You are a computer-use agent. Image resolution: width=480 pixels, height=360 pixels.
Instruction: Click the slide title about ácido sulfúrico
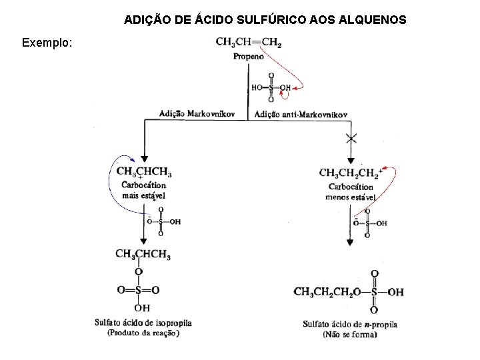pos(265,21)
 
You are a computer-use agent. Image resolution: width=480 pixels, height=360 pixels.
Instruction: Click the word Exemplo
pos(48,43)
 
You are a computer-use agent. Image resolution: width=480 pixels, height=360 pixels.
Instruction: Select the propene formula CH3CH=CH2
pos(248,43)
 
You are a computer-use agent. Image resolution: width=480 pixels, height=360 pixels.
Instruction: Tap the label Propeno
pos(248,57)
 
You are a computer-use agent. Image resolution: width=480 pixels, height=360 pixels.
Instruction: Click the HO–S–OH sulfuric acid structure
pos(271,87)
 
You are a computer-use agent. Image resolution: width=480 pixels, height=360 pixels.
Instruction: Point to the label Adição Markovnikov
pos(197,114)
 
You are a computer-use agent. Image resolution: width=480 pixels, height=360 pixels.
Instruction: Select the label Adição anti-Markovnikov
pos(301,115)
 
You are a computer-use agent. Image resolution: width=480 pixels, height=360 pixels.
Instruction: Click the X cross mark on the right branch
pos(351,139)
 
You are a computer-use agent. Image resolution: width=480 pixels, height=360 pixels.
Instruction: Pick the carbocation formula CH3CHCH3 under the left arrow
pos(143,172)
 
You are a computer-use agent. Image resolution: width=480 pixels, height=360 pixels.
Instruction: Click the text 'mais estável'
pos(143,195)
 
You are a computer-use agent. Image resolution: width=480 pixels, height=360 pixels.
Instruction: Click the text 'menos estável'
pos(351,197)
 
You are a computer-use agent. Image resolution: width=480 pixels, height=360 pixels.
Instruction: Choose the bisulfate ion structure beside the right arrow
pos(369,223)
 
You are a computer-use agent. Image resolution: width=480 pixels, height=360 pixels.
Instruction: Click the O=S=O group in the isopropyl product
pos(138,290)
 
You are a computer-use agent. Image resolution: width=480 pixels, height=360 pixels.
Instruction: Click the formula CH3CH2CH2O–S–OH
pos(349,292)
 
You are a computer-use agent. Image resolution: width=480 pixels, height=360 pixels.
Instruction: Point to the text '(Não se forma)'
pos(349,334)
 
